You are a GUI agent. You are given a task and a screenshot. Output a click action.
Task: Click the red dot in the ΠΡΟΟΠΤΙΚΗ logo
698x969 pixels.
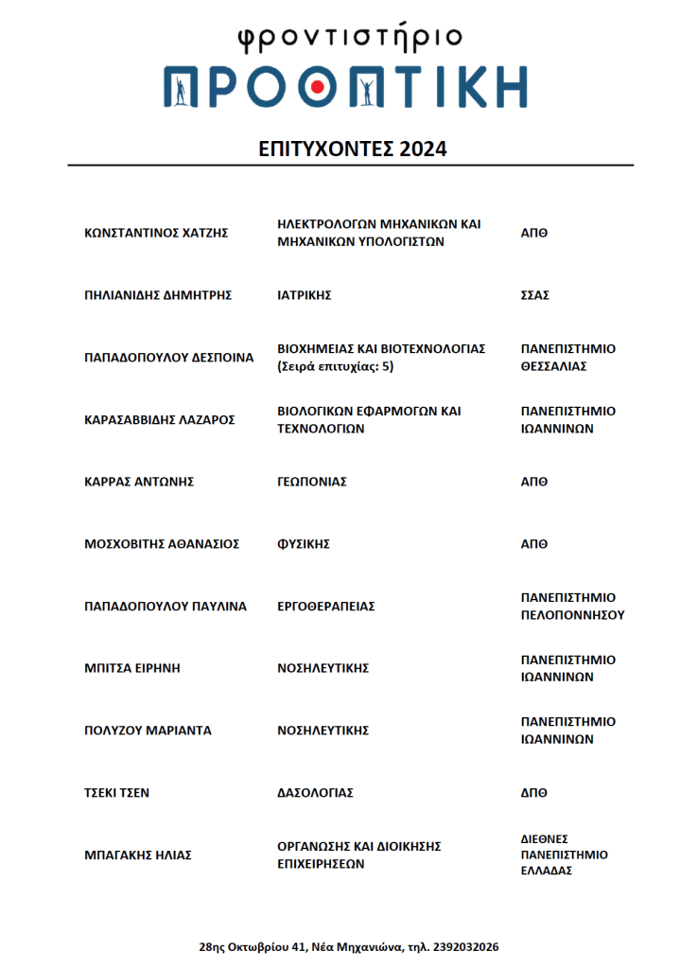click(319, 88)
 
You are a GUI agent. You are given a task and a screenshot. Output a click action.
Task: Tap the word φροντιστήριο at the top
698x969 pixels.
click(349, 37)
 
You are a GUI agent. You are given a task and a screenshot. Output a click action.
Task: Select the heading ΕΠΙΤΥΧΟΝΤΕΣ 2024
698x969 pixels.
click(352, 150)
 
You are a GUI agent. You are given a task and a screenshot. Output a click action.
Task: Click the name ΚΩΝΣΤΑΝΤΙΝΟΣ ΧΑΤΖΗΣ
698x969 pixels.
click(156, 233)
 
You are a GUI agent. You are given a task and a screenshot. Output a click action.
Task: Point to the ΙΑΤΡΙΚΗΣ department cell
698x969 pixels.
click(304, 295)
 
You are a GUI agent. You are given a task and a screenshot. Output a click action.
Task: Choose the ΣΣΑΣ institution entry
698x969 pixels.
click(535, 295)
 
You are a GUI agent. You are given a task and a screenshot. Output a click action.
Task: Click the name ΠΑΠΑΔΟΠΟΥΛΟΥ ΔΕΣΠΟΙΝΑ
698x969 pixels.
click(169, 358)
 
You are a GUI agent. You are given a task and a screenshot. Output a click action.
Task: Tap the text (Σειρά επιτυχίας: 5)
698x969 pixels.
click(336, 366)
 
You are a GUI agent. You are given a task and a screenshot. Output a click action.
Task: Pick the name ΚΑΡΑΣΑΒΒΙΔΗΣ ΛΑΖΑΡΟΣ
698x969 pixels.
click(159, 420)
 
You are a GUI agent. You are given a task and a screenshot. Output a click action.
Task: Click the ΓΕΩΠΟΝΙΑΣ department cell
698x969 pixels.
click(311, 482)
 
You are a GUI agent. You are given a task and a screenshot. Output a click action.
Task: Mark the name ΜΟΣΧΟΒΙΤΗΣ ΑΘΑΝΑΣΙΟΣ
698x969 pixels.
click(162, 544)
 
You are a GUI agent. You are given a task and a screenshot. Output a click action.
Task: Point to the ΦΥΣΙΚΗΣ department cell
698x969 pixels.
click(303, 544)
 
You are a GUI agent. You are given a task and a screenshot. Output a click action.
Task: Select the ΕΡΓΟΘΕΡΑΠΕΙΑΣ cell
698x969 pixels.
click(325, 607)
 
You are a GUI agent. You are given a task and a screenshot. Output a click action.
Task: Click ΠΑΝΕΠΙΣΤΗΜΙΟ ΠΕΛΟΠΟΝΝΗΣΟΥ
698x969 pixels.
click(572, 607)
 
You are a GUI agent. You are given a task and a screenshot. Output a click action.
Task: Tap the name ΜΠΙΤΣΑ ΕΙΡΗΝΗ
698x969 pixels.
click(131, 668)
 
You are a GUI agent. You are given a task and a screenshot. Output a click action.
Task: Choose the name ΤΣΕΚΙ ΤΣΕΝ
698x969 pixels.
click(116, 793)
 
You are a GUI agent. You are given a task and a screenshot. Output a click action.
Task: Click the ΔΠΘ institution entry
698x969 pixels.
click(534, 793)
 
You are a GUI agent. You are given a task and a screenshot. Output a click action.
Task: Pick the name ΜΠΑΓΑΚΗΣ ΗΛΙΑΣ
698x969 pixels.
click(138, 854)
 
